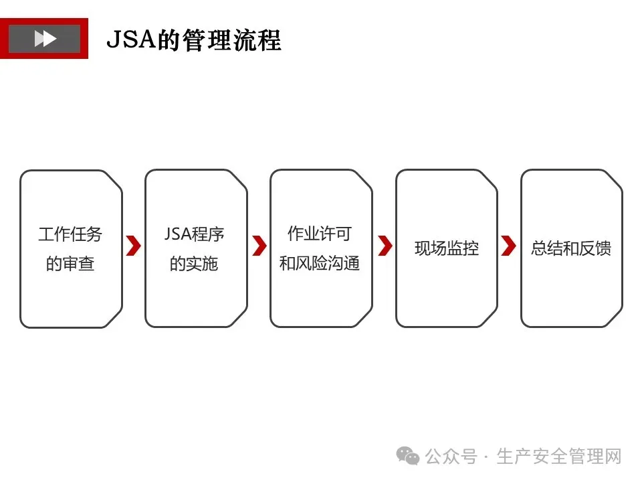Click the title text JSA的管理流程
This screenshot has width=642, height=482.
(x=194, y=39)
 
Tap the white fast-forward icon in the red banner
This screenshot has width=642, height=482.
(x=45, y=39)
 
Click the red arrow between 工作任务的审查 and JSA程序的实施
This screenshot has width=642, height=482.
(x=134, y=246)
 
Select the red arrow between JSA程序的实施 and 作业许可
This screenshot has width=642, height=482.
(x=259, y=246)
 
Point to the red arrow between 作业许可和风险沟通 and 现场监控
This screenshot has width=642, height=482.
(x=385, y=246)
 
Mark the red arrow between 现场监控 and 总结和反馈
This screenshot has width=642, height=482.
(x=509, y=246)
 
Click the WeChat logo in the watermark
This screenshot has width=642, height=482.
(x=408, y=457)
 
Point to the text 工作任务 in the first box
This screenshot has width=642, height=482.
(x=70, y=234)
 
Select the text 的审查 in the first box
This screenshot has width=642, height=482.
(x=70, y=264)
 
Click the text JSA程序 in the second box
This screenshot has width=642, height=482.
(x=195, y=234)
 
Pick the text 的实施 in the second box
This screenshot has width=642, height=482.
(x=194, y=264)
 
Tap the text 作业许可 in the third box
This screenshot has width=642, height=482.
(x=319, y=234)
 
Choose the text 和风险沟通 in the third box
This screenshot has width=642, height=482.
(x=320, y=263)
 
